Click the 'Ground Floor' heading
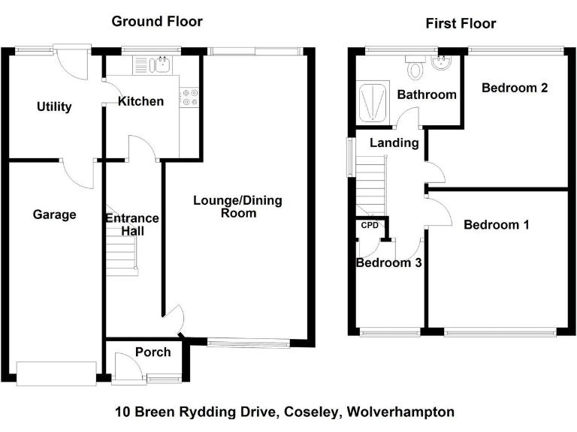(x=157, y=22)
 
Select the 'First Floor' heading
(x=461, y=24)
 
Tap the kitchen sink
(x=159, y=65)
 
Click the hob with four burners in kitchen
(x=189, y=97)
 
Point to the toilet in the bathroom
(x=415, y=70)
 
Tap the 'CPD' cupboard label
(x=370, y=225)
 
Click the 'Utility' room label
(x=54, y=107)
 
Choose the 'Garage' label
(x=55, y=215)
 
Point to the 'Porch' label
(x=153, y=352)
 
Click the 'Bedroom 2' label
(x=514, y=88)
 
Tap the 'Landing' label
(x=394, y=142)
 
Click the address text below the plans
(x=284, y=412)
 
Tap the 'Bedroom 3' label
(x=388, y=263)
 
